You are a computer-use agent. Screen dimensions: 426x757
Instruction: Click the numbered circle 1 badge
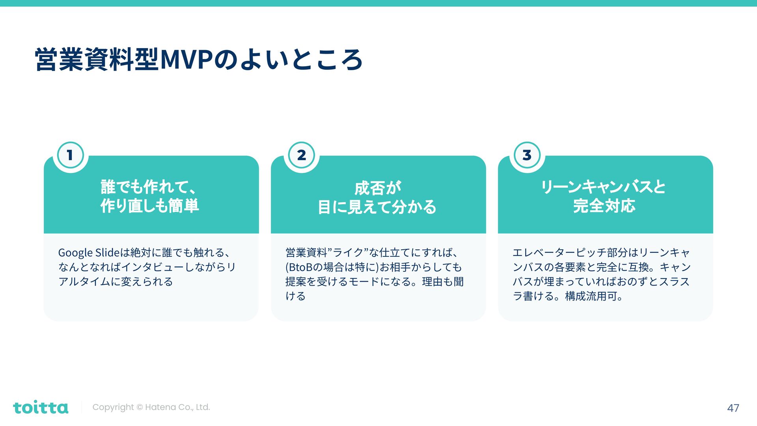tap(70, 155)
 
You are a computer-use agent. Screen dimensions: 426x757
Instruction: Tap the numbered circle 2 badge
tap(302, 155)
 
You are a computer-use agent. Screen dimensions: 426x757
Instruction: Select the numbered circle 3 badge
tap(527, 155)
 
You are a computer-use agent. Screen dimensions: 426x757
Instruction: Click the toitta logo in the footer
tap(41, 407)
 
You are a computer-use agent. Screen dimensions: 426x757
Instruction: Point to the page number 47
tap(733, 408)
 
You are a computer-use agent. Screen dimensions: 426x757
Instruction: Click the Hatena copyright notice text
tap(151, 407)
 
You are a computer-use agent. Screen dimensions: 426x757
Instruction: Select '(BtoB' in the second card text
tap(298, 267)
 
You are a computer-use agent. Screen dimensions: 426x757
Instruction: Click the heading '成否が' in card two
tap(378, 188)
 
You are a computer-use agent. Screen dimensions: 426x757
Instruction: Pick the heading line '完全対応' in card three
tap(604, 206)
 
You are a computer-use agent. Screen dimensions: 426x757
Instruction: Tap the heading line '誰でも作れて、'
tap(148, 187)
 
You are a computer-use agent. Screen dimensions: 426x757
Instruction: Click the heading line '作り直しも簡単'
tap(150, 206)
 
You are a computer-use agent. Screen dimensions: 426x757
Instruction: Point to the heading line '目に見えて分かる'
tap(377, 207)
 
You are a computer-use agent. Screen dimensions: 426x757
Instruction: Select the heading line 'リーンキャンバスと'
tap(603, 187)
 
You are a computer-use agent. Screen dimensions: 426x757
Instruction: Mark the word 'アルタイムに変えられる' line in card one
tap(116, 282)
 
